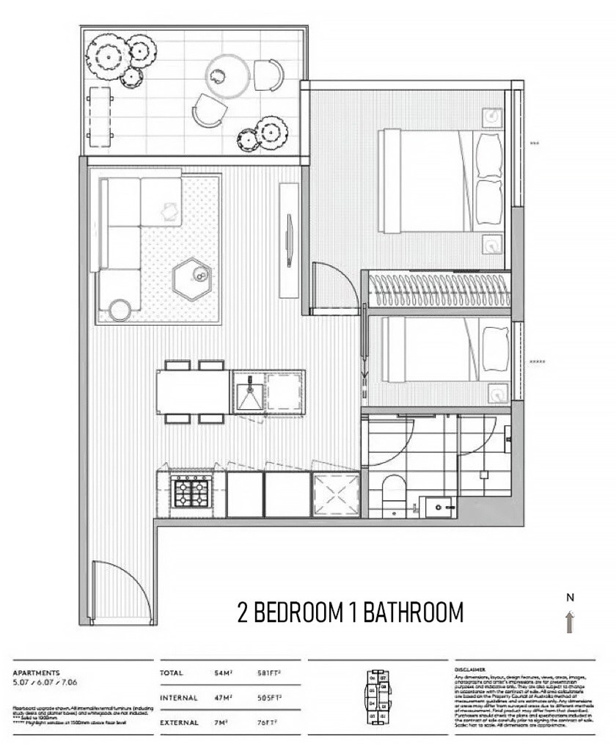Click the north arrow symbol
570,622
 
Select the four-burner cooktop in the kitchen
191,491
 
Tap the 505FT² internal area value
274,698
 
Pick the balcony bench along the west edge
98,115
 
